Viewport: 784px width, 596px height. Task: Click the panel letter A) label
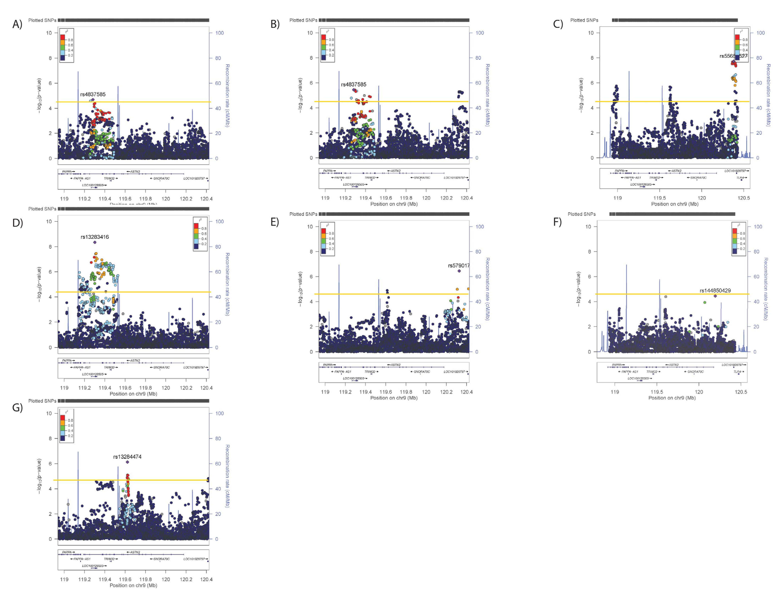(17, 24)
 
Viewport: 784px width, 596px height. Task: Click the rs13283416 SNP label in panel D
(95, 237)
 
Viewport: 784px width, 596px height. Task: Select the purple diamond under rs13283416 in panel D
(95, 242)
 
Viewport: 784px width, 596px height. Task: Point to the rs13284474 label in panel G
(127, 457)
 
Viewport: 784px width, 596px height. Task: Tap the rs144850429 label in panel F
(715, 291)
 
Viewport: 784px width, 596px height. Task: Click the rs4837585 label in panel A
(93, 94)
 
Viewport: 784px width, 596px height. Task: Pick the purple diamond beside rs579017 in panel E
(459, 271)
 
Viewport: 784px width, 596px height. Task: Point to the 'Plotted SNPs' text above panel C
(584, 20)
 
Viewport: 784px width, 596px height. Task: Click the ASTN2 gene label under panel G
(135, 552)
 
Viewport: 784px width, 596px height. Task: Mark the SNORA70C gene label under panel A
(161, 178)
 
